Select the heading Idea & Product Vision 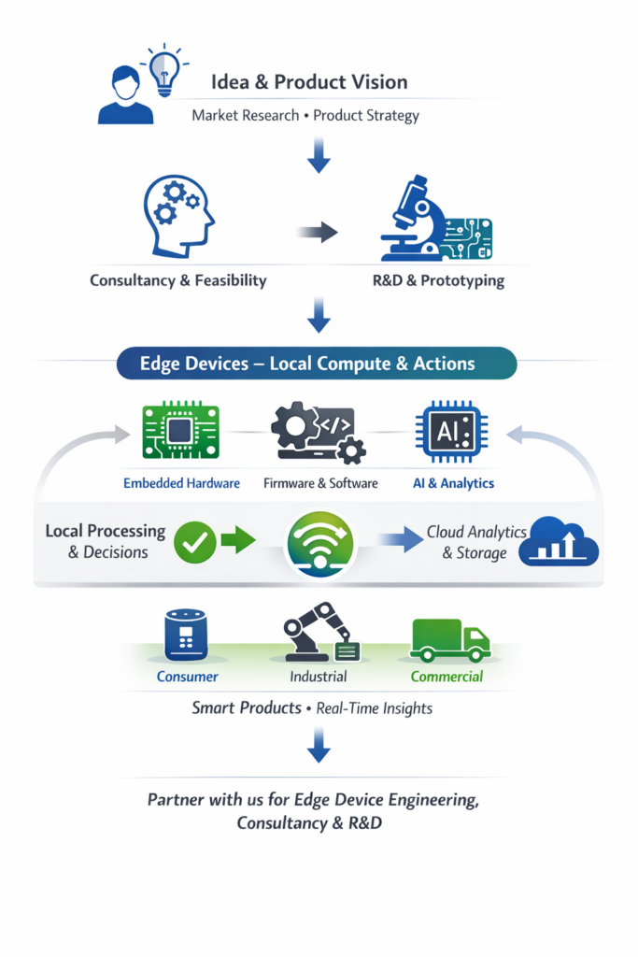click(309, 81)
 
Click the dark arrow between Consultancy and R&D click(319, 232)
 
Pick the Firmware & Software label click(320, 483)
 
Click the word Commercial click(447, 676)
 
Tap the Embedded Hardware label click(181, 483)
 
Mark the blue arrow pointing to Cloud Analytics click(399, 540)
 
